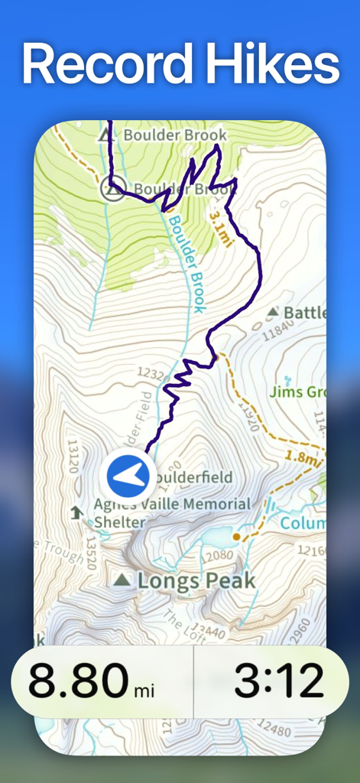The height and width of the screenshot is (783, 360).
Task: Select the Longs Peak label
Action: click(196, 580)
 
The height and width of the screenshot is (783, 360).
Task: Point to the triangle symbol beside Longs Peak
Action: click(122, 580)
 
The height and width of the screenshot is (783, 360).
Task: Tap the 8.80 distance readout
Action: click(79, 681)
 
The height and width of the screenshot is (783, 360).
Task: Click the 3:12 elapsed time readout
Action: click(278, 681)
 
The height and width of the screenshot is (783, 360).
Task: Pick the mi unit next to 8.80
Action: click(144, 691)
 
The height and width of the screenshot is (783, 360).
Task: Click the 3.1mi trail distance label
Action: click(220, 227)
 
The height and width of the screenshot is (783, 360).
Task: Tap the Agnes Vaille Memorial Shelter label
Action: click(172, 512)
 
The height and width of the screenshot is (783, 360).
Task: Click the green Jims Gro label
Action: click(297, 392)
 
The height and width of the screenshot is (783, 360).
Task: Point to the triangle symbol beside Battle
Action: click(274, 312)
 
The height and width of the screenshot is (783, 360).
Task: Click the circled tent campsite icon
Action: click(113, 189)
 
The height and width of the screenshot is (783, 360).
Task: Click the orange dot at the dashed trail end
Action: click(237, 537)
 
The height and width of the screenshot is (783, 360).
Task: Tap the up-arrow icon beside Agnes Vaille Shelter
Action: click(76, 512)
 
